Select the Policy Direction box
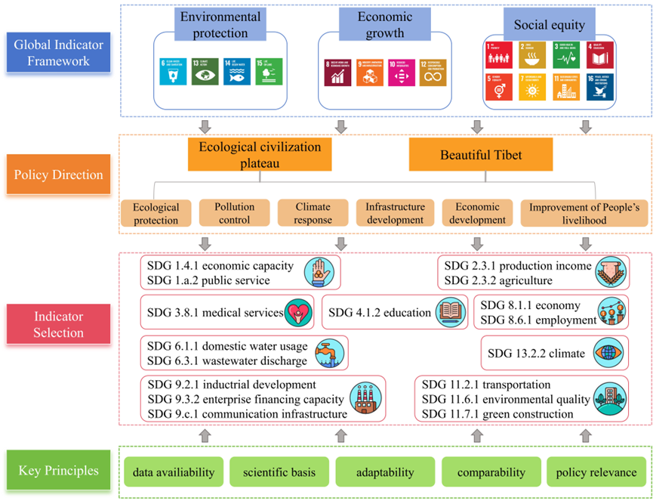[59, 175]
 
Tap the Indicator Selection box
[59, 324]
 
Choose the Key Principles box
[59, 471]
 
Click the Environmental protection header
[220, 25]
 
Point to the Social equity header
[550, 25]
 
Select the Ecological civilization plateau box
[260, 155]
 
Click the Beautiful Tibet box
[481, 156]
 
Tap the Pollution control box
[234, 213]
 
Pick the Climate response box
[313, 213]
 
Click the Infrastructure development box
[395, 213]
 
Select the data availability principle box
[173, 472]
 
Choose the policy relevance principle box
[596, 472]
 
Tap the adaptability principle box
[385, 472]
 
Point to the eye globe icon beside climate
[608, 352]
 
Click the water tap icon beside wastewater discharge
[329, 351]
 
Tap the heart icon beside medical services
[298, 311]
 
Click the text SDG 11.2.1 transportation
[485, 385]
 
